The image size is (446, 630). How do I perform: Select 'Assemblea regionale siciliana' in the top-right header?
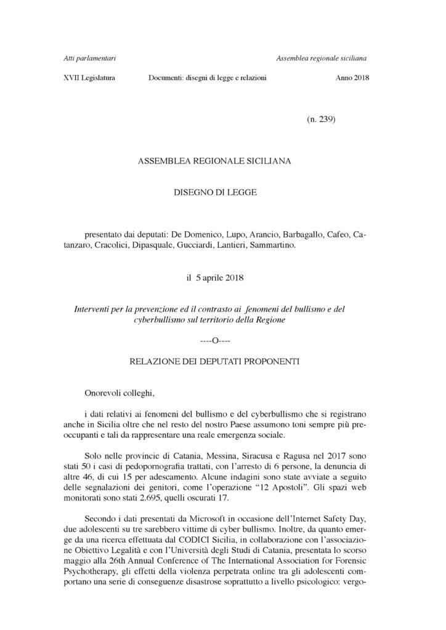[322, 58]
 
